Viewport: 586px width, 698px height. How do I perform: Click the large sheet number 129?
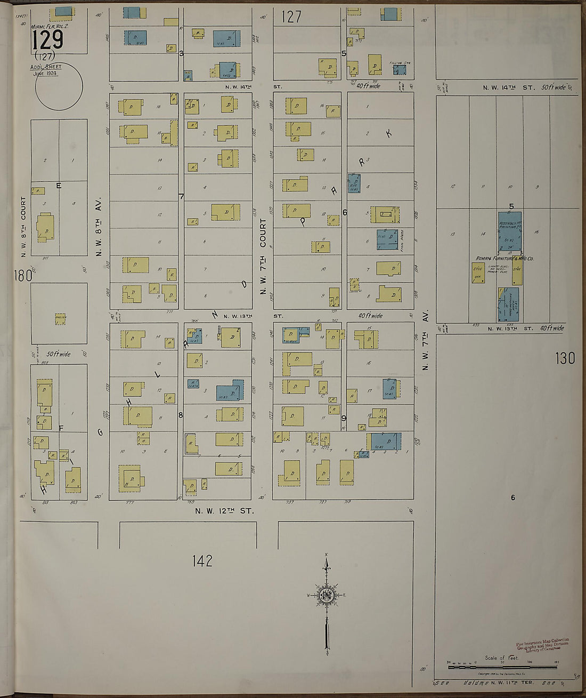(47, 39)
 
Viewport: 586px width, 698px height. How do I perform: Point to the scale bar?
(502, 667)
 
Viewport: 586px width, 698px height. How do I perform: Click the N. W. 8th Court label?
(23, 223)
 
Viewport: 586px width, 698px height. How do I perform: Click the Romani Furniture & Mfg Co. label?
(504, 259)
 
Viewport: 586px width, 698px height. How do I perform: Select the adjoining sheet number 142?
(202, 560)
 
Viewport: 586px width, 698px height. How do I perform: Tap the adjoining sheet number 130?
(565, 358)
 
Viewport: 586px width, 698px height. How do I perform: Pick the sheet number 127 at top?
(291, 17)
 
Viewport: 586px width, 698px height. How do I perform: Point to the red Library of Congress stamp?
(543, 644)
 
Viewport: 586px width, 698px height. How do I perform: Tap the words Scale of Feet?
(501, 657)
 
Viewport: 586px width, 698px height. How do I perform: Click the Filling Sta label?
(400, 63)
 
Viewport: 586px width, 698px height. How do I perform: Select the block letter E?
(59, 186)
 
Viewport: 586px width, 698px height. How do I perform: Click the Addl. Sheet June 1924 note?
(46, 69)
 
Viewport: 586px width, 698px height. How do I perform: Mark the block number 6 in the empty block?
(513, 498)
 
